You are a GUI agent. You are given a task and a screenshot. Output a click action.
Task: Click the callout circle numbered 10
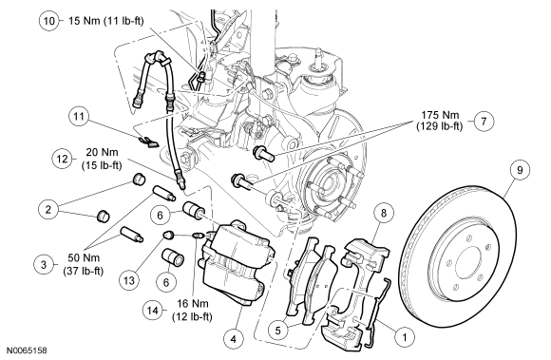[x=48, y=21]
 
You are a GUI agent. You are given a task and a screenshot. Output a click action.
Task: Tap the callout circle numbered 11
[x=79, y=116]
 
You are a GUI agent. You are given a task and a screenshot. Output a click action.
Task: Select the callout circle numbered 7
[x=484, y=122]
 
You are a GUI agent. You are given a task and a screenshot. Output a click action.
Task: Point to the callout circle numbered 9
[x=520, y=170]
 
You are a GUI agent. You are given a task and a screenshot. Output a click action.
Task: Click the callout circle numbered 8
[x=384, y=213]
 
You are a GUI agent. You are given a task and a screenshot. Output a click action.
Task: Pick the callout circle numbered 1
[x=404, y=337]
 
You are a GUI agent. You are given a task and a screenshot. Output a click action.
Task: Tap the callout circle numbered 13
[x=129, y=280]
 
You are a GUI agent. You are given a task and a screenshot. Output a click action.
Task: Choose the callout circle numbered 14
[x=153, y=311]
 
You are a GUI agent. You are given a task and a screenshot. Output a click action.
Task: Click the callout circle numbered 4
[x=234, y=339]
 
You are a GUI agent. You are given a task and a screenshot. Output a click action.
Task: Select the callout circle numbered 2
[x=48, y=210]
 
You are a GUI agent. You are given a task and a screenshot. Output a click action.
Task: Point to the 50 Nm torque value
[x=84, y=258]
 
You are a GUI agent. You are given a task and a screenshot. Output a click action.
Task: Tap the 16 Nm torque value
[x=192, y=303]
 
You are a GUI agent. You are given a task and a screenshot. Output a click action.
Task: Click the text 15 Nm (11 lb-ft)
[x=105, y=21]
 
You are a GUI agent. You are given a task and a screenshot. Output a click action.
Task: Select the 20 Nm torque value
[x=103, y=153]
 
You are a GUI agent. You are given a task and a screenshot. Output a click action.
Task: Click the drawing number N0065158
[x=27, y=351]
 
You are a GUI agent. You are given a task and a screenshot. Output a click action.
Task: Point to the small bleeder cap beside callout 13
[x=167, y=235]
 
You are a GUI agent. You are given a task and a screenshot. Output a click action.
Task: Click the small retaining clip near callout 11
[x=148, y=142]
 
